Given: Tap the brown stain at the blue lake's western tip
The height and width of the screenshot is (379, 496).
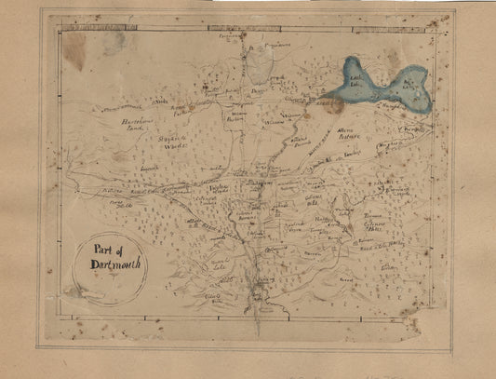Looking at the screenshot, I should coord(331,104).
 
